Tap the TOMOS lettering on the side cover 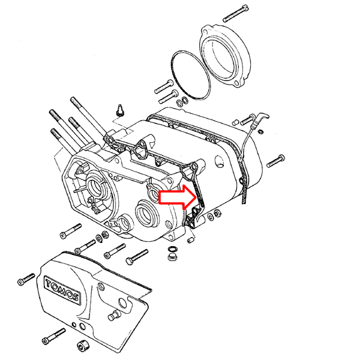point(62,289)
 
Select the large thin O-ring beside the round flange point(191,74)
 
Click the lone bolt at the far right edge point(275,161)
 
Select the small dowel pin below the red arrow point(191,240)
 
